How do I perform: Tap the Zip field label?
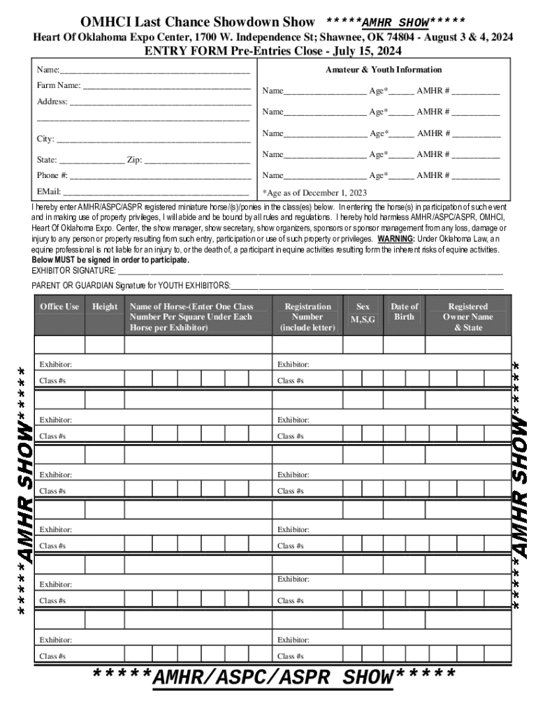[x=134, y=160]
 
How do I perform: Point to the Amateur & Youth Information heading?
[x=384, y=70]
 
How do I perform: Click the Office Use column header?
[x=59, y=307]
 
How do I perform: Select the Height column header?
[x=105, y=307]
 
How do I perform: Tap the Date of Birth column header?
[x=404, y=311]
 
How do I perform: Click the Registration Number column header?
[x=307, y=317]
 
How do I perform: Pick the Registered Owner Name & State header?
[x=467, y=317]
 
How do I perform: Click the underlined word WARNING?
[x=396, y=238]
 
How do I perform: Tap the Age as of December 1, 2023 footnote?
[x=314, y=193]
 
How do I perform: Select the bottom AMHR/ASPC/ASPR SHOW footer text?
[x=274, y=677]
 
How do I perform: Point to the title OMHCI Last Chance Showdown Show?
[x=198, y=22]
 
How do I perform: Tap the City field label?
[x=45, y=139]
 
